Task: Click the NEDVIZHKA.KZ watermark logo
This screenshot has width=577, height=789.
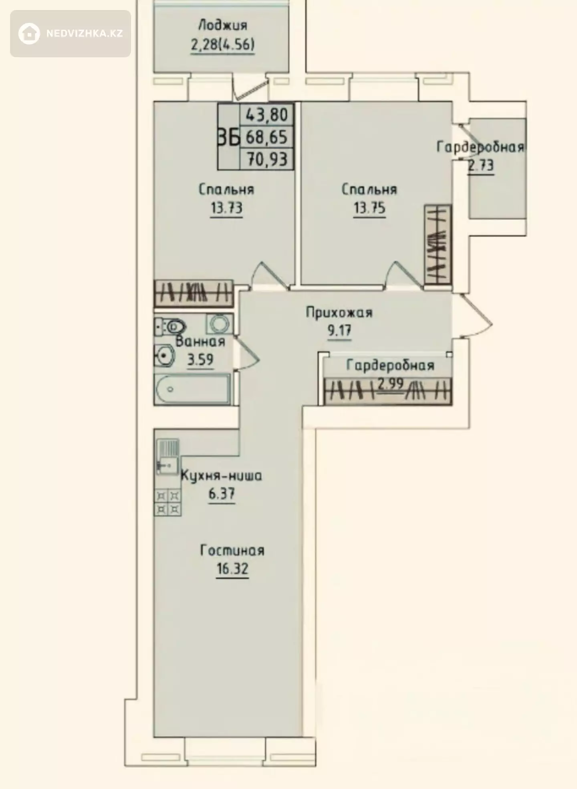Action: coord(71,34)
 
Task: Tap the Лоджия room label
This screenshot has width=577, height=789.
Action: coord(223,26)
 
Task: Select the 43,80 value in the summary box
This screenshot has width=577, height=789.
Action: coord(266,115)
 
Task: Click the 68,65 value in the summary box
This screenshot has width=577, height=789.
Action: coord(266,137)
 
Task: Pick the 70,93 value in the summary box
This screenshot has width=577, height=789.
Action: coord(266,159)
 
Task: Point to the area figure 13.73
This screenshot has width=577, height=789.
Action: coord(227,208)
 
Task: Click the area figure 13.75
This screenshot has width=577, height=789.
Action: coord(369,208)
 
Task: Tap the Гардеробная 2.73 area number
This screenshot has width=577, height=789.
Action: coord(481,165)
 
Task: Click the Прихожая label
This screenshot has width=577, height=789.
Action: coord(339,313)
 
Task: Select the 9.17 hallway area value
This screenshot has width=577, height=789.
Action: coord(339,331)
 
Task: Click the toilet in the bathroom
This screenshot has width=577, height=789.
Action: coord(171,327)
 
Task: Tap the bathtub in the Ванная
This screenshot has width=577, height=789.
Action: coord(192,389)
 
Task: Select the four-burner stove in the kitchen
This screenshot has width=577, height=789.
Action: coord(167,502)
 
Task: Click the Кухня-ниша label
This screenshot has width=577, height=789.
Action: coord(222,476)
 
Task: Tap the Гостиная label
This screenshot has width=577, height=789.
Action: coord(232,550)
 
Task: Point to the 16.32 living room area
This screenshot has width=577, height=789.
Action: coord(232,569)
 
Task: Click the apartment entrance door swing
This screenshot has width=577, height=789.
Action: coord(477,316)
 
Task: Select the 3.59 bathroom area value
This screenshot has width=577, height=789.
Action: coord(200,360)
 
